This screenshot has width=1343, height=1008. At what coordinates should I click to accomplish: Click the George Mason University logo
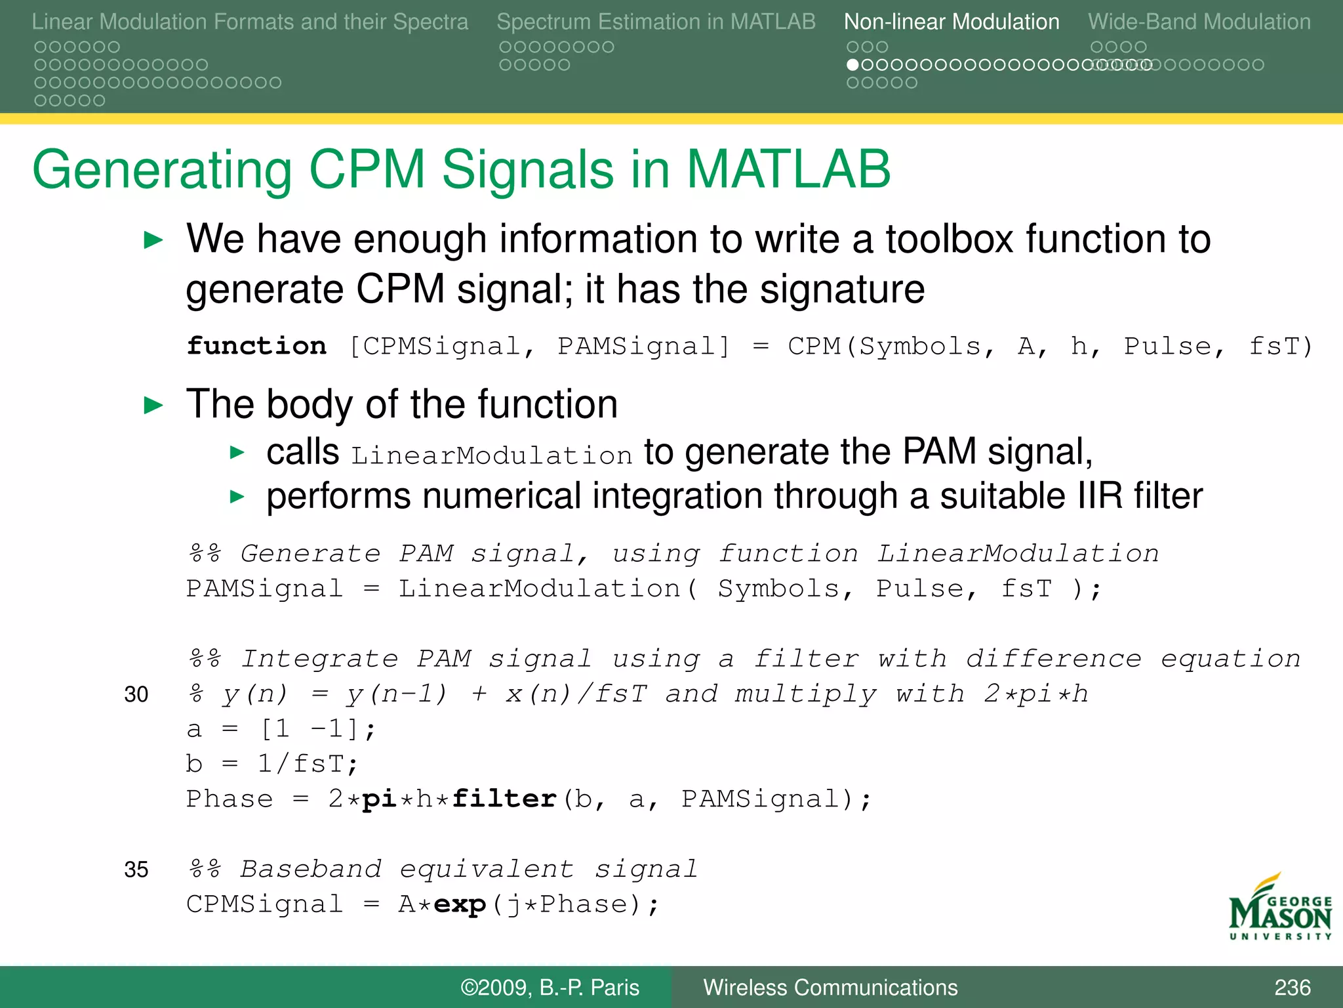pos(1279,908)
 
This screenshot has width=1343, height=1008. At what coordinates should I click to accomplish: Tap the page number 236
pos(1292,988)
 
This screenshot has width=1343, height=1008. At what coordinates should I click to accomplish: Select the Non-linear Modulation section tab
pos(951,22)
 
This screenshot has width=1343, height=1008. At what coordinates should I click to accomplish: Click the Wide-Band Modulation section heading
pos(1199,22)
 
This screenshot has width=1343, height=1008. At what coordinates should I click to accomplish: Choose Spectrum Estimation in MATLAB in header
pos(656,22)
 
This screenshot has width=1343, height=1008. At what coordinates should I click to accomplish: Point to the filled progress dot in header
pos(852,65)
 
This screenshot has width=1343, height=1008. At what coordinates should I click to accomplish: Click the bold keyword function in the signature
pos(256,346)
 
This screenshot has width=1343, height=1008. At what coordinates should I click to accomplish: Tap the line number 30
pos(136,694)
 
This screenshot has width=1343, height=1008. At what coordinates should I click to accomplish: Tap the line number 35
pos(136,870)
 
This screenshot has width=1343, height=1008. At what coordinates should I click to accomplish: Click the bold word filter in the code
pos(504,799)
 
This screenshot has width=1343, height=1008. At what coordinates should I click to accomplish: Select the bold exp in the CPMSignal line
pos(460,904)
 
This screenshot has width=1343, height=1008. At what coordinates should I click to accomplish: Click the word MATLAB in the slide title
pos(788,169)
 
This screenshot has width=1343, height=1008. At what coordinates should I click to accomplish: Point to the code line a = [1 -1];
pos(281,729)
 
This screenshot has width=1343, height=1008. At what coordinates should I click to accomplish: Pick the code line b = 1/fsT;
pos(272,764)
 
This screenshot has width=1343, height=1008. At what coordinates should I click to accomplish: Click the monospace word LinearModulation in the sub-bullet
pos(492,455)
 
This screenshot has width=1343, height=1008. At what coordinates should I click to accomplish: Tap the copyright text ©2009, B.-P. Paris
pos(550,988)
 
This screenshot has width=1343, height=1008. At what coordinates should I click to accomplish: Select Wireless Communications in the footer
pos(830,988)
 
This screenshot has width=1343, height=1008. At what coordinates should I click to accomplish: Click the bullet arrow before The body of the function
pos(153,405)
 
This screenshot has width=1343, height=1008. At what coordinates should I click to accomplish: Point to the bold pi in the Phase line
pos(380,799)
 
